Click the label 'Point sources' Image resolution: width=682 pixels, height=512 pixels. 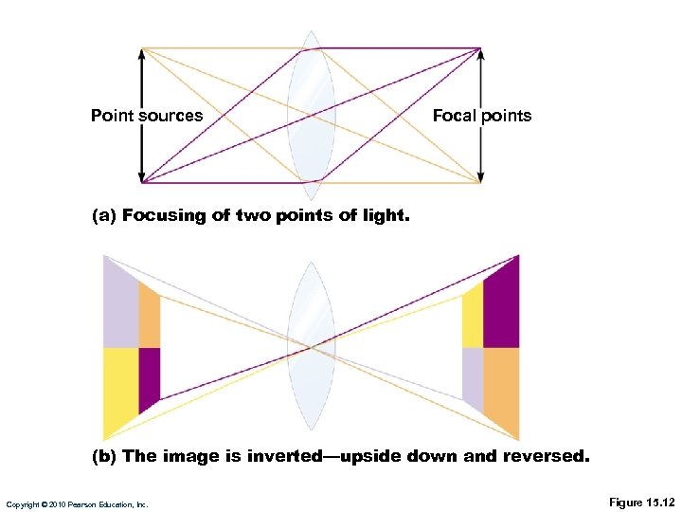147,116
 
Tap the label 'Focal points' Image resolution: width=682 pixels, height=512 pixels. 482,116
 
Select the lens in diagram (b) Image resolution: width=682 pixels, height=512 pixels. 312,347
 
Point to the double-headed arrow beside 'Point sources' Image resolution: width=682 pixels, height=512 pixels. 142,142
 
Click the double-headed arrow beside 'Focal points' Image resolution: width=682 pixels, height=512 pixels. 480,142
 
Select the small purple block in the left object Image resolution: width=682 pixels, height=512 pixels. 149,377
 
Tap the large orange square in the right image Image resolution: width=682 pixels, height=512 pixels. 501,389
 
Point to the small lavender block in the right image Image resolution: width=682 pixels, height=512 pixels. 473,377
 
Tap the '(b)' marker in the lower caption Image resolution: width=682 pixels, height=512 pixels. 104,456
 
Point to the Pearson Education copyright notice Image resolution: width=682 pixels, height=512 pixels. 76,504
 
